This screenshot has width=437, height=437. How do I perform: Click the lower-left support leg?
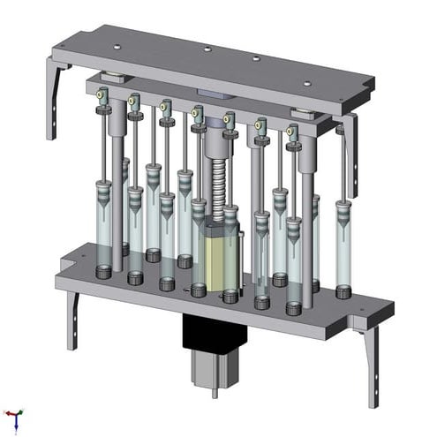point(71,318)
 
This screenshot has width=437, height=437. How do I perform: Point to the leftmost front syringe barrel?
point(104,225)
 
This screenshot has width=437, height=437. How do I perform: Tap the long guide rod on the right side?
point(306,230)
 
